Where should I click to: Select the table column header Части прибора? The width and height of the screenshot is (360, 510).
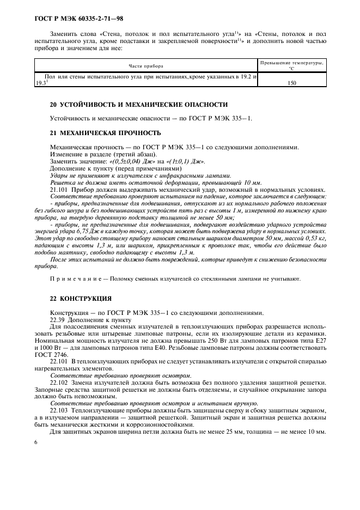coord(145,66)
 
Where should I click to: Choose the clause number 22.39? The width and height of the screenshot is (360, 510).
coord(58,320)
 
